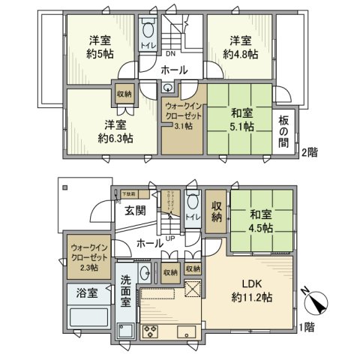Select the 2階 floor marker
pyautogui.click(x=309, y=152)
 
